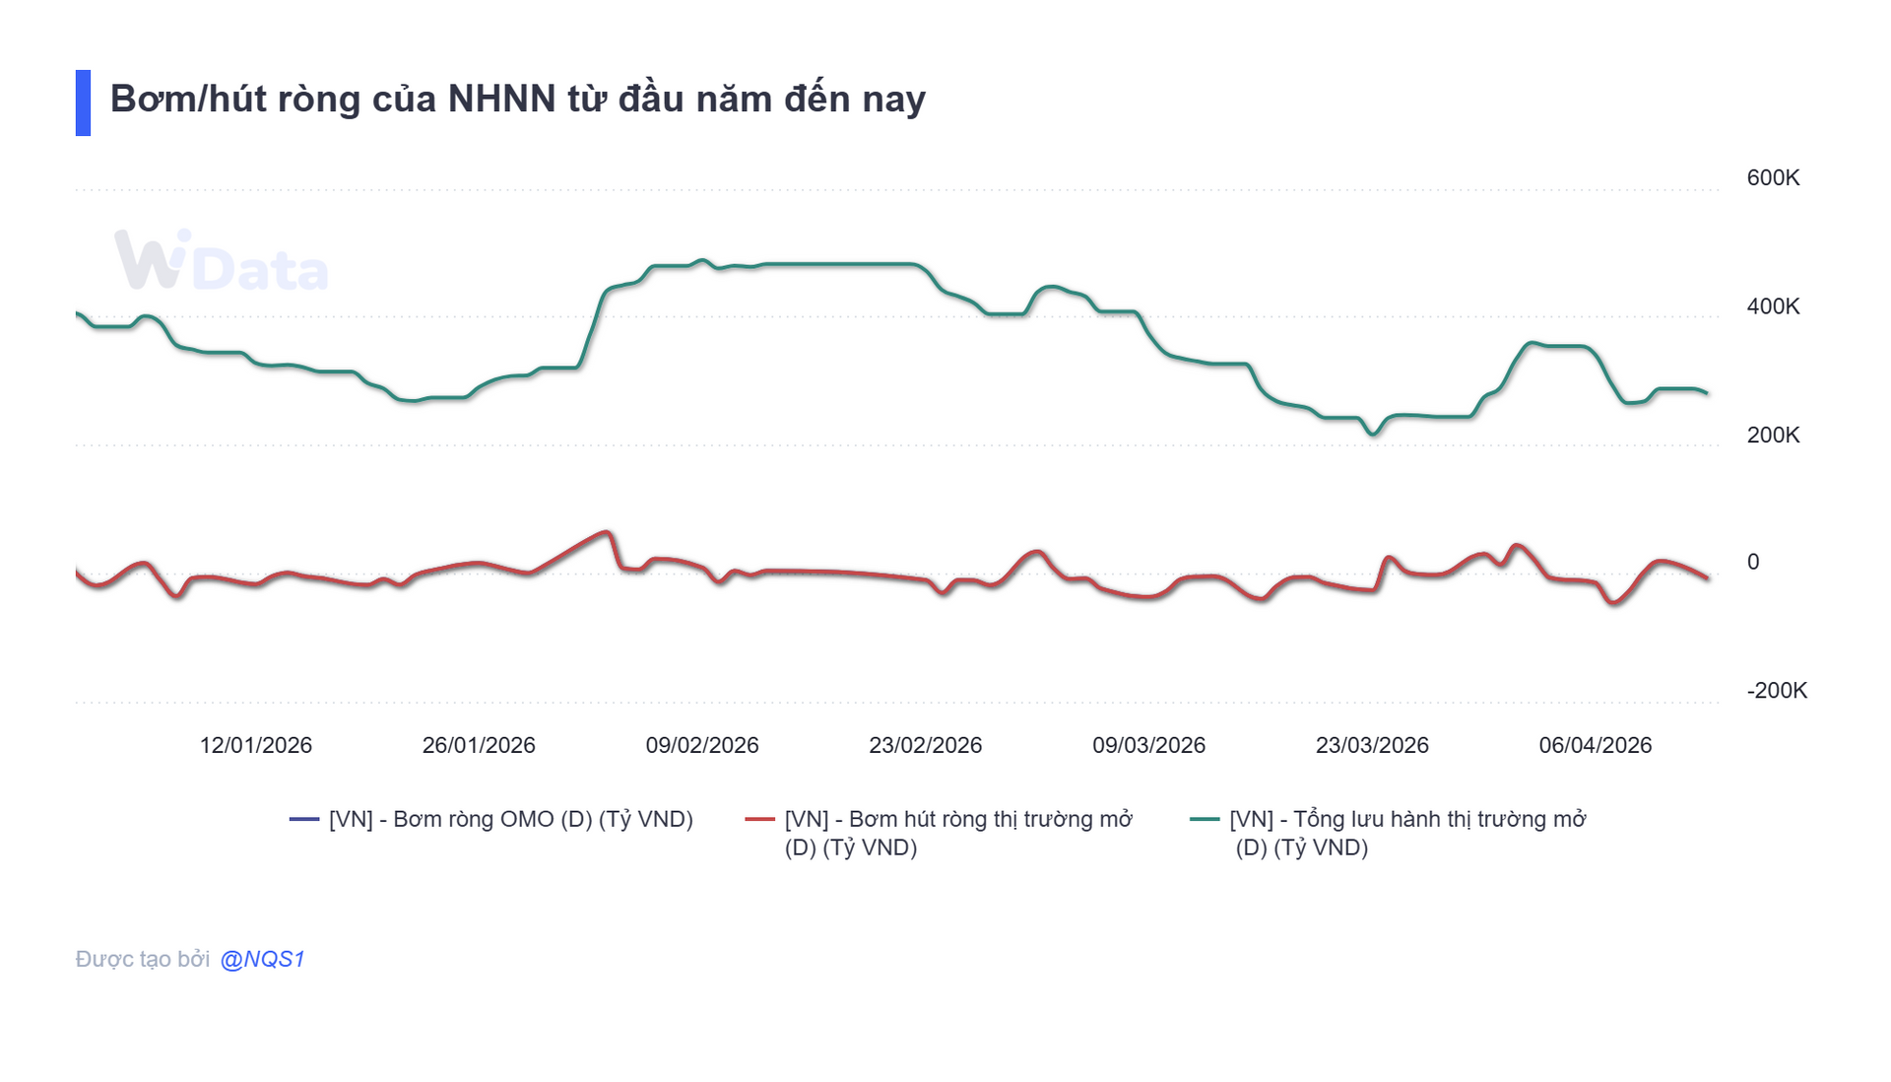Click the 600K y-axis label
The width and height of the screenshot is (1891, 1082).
coord(1772,178)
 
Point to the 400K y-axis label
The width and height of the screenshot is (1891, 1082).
coord(1772,306)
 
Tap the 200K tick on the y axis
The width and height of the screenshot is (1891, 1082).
coord(1772,435)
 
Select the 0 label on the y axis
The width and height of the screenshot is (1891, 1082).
coord(1752,563)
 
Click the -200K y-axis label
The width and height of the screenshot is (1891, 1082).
coord(1776,691)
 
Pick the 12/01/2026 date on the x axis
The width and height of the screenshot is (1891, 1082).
coord(255,745)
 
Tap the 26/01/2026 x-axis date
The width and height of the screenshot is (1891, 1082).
coord(479,745)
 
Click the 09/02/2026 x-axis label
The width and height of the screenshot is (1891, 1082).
coord(702,745)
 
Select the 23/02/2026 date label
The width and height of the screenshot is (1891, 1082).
coord(925,745)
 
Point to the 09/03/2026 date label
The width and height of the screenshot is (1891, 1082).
coord(1148,745)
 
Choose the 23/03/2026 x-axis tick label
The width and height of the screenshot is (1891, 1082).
coord(1372,745)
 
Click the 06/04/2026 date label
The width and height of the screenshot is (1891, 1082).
coord(1595,745)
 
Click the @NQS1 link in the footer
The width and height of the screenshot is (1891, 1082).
coord(262,959)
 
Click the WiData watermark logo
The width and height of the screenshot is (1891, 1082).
coord(221,262)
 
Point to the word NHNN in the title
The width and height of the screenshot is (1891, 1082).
coord(501,100)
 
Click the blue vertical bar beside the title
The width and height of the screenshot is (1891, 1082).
coord(83,102)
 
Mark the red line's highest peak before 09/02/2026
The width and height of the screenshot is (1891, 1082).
coord(606,533)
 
